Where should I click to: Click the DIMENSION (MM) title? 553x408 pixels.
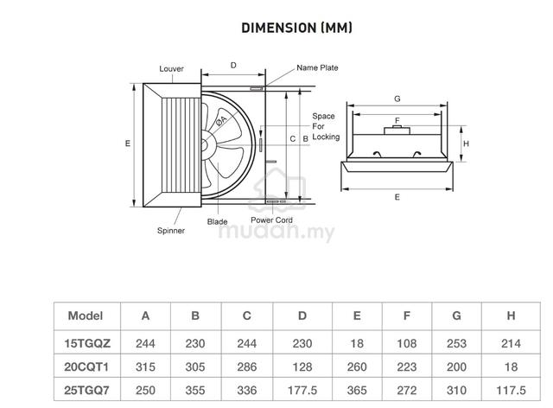point(296,28)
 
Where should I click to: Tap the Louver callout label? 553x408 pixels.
point(171,69)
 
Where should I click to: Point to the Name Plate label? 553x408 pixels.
point(317,67)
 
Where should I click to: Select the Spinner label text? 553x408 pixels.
point(171,231)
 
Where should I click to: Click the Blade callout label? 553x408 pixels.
point(217,221)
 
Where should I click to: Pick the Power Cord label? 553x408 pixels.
point(271,220)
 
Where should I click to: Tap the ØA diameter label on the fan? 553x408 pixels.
point(221,120)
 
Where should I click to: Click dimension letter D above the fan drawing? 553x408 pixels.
point(233,66)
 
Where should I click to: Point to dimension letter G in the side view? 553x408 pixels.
point(397,99)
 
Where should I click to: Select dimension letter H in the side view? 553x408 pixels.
point(466,143)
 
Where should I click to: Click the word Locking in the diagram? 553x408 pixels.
point(326,137)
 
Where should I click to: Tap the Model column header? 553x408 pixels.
point(86,316)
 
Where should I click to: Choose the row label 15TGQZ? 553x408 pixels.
point(87,343)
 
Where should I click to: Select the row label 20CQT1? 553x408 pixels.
point(86,367)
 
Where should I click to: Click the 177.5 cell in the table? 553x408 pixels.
point(302,391)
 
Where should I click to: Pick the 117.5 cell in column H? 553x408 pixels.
point(511,391)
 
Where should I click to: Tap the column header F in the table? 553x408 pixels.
point(407,316)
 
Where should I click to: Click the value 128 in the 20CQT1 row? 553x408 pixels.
point(302,367)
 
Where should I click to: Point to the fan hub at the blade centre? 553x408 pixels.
point(205,144)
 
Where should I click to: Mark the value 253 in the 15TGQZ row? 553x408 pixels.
point(456,343)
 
